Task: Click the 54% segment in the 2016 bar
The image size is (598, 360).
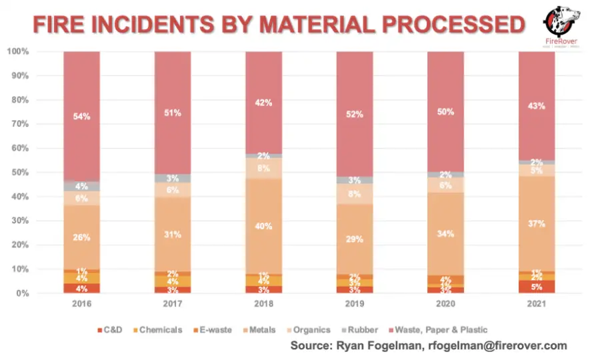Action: click(81, 117)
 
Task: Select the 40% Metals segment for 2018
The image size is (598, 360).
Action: click(263, 226)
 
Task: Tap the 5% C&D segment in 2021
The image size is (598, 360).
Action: click(536, 287)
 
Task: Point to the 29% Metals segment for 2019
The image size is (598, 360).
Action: click(354, 238)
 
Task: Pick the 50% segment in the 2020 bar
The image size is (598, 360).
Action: click(445, 112)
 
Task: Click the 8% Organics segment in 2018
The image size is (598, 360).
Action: click(263, 169)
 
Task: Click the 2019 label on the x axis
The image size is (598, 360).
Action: click(354, 304)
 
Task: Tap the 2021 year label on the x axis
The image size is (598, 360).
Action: click(536, 304)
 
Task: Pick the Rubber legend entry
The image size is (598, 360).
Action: click(362, 329)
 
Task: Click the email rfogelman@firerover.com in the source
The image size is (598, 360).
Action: click(493, 345)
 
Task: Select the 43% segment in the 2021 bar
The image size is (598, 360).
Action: click(536, 105)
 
